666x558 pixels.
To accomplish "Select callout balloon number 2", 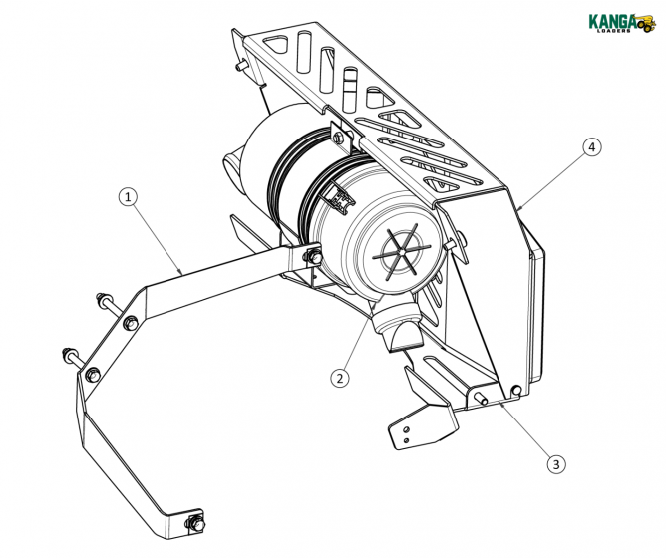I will click(x=341, y=378).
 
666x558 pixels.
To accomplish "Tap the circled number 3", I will click(x=555, y=463).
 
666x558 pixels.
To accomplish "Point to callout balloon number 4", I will click(x=592, y=147).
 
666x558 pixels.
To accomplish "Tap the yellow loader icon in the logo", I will click(x=647, y=22).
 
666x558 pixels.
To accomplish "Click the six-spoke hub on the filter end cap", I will click(x=405, y=248).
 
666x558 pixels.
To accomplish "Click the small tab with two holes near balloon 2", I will click(x=409, y=429).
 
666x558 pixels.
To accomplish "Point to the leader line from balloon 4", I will click(x=552, y=176).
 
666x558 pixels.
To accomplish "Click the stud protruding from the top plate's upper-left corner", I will click(x=240, y=64).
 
